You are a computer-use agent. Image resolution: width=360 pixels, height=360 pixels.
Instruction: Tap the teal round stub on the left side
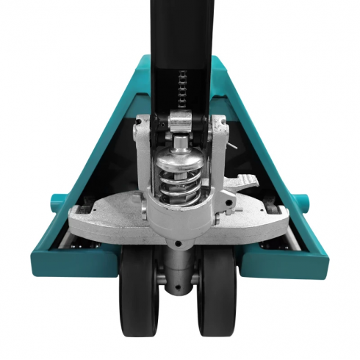point(56,200)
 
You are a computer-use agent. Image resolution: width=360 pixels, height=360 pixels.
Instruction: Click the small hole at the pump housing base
point(179,240)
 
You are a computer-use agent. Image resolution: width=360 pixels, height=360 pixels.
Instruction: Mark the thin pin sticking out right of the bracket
point(233,146)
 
